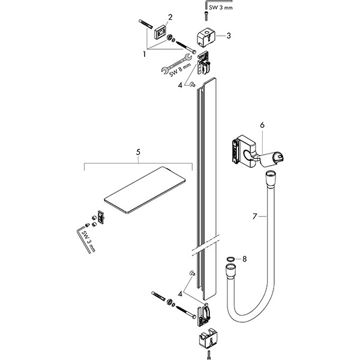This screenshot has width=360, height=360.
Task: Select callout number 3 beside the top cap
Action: pyautogui.click(x=229, y=35)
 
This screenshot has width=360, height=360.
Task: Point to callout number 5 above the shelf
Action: pyautogui.click(x=138, y=153)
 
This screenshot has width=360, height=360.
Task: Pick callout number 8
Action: pyautogui.click(x=244, y=259)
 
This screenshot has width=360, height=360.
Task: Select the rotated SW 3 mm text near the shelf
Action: pyautogui.click(x=89, y=241)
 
